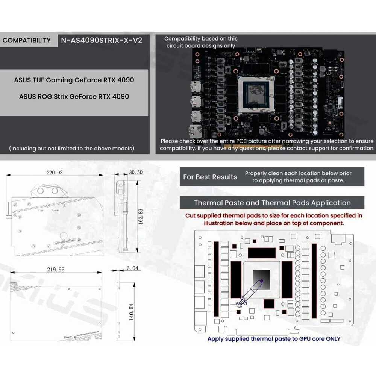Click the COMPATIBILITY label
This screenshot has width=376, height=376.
coord(26,41)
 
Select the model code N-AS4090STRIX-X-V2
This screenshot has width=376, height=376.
coord(102,41)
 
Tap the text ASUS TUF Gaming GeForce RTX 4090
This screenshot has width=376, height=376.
coord(74,80)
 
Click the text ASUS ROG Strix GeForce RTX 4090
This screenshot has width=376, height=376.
coord(74,97)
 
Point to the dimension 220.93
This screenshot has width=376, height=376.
coord(55,173)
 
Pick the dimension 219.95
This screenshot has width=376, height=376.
coord(55,270)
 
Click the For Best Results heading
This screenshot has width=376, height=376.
coord(210,177)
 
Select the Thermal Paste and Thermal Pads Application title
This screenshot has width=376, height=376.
coord(272,203)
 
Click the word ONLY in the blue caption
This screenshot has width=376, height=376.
coord(331,338)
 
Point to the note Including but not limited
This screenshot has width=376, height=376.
coord(71,149)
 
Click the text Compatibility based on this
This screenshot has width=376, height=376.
coord(201,39)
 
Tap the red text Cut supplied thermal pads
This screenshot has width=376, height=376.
coord(273,216)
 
